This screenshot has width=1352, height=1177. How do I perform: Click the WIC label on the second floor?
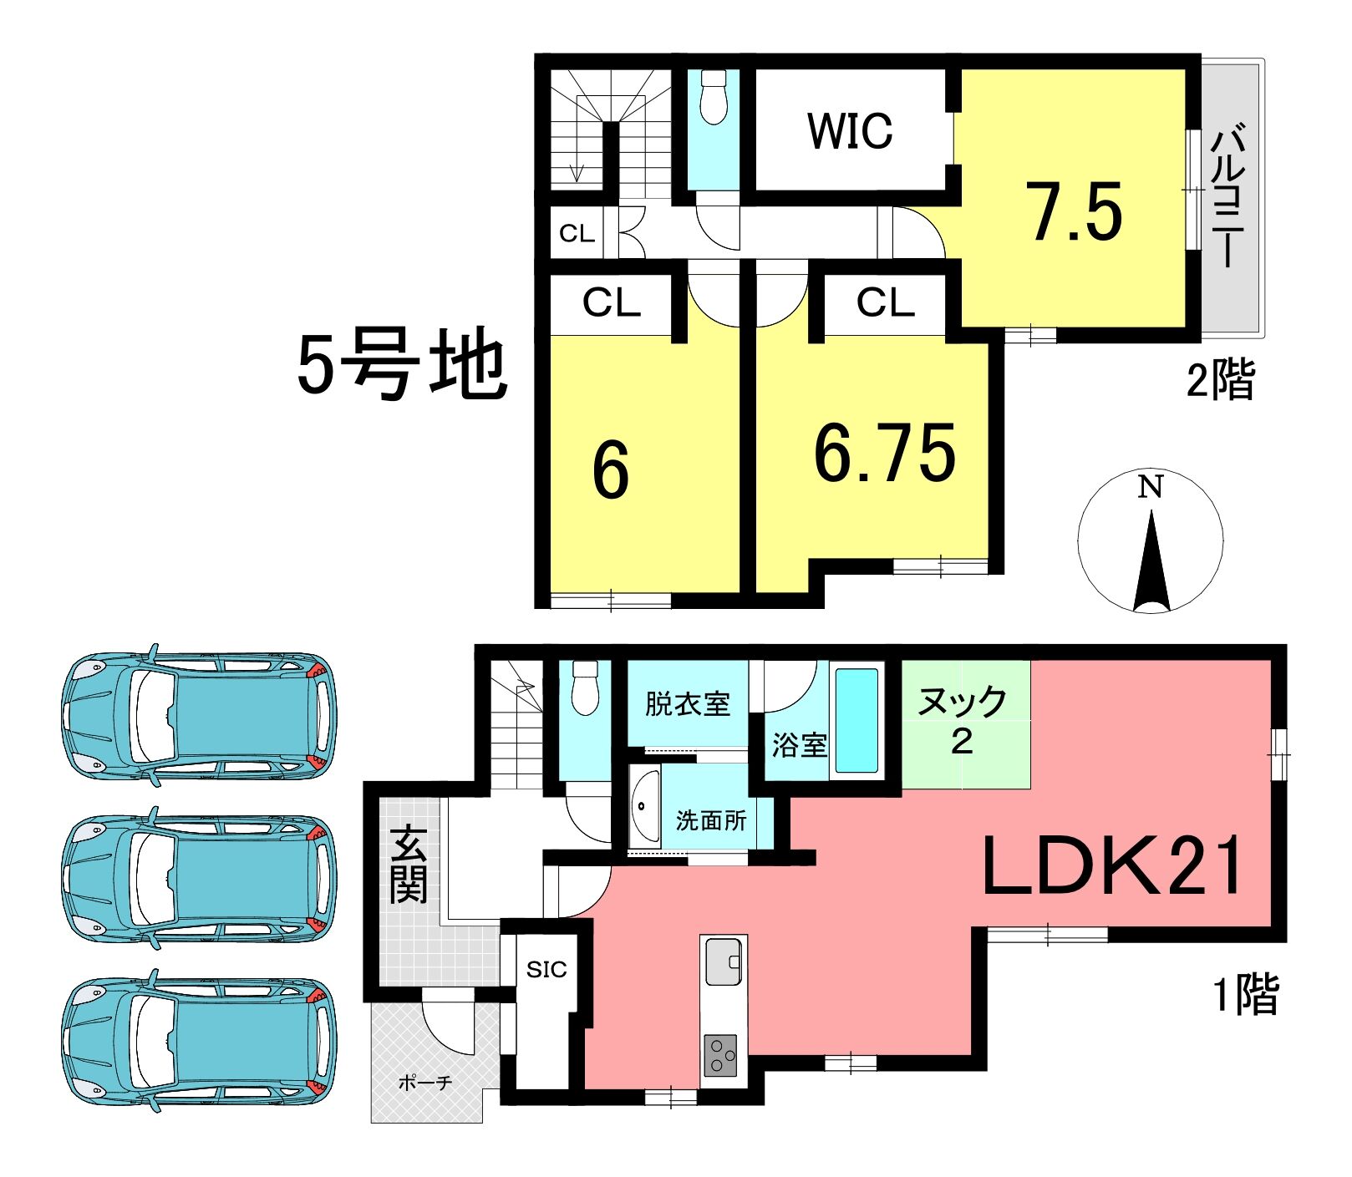pyautogui.click(x=850, y=131)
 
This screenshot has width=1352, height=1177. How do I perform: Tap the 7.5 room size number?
pyautogui.click(x=1076, y=213)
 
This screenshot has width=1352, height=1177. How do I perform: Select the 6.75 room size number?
pyautogui.click(x=885, y=454)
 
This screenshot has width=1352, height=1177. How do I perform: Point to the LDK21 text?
pyautogui.click(x=1113, y=865)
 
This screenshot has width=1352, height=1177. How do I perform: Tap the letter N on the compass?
pyautogui.click(x=1151, y=486)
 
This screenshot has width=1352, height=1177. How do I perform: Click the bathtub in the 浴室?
pyautogui.click(x=857, y=720)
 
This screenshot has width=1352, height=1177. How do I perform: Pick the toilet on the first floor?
pyautogui.click(x=585, y=687)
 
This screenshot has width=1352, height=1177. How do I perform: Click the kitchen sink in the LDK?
pyautogui.click(x=724, y=961)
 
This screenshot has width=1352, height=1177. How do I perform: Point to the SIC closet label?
pyautogui.click(x=546, y=969)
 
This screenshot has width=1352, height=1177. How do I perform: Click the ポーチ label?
pyautogui.click(x=425, y=1083)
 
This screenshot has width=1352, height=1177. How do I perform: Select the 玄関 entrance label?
pyautogui.click(x=409, y=864)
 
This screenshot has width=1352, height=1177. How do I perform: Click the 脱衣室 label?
pyautogui.click(x=687, y=704)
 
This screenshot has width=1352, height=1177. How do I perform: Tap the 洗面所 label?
pyautogui.click(x=711, y=820)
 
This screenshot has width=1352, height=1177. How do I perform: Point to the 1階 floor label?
pyautogui.click(x=1246, y=995)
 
